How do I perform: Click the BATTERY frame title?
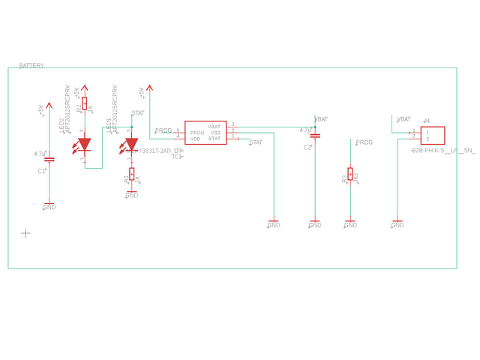(31, 66)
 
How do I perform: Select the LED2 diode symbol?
(85, 144)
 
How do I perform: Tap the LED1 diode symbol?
(131, 144)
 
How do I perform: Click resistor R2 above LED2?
(85, 103)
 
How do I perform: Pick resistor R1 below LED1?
(132, 174)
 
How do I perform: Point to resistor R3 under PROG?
(350, 174)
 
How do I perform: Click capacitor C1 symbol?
(49, 160)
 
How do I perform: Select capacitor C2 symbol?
(315, 136)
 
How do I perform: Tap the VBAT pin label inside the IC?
(214, 127)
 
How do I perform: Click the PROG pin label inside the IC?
(197, 133)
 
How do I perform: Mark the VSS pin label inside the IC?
(215, 133)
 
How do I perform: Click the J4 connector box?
(433, 135)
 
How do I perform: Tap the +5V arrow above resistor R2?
(85, 88)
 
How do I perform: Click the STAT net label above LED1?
(138, 113)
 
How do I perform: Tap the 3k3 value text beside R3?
(356, 177)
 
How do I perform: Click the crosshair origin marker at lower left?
(25, 233)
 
